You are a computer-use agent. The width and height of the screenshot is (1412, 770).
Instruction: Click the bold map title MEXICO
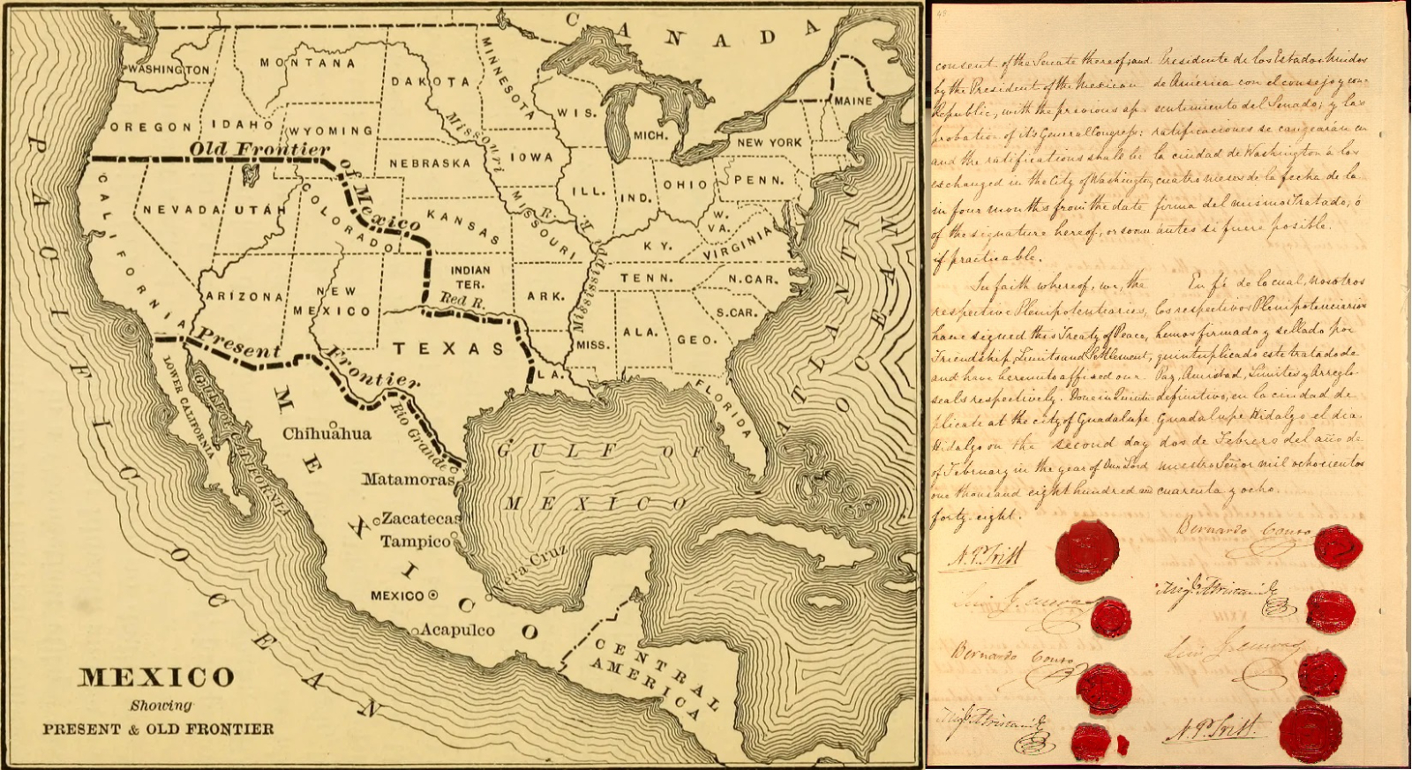click(156, 677)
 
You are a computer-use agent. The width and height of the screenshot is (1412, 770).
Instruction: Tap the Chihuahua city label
click(327, 434)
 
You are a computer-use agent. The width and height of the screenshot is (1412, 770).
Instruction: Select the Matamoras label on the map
click(408, 480)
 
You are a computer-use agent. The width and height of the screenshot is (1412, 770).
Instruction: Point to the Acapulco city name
click(457, 630)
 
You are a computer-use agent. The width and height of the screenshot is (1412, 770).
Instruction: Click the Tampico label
click(415, 541)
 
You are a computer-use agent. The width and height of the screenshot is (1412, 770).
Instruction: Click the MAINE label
click(852, 101)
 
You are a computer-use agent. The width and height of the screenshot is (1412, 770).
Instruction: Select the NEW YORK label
click(770, 142)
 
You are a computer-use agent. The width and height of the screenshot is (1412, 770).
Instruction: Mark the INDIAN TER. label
click(469, 277)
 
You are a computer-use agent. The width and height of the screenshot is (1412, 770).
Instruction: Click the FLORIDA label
click(722, 408)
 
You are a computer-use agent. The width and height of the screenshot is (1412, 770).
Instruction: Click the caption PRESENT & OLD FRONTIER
click(158, 729)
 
